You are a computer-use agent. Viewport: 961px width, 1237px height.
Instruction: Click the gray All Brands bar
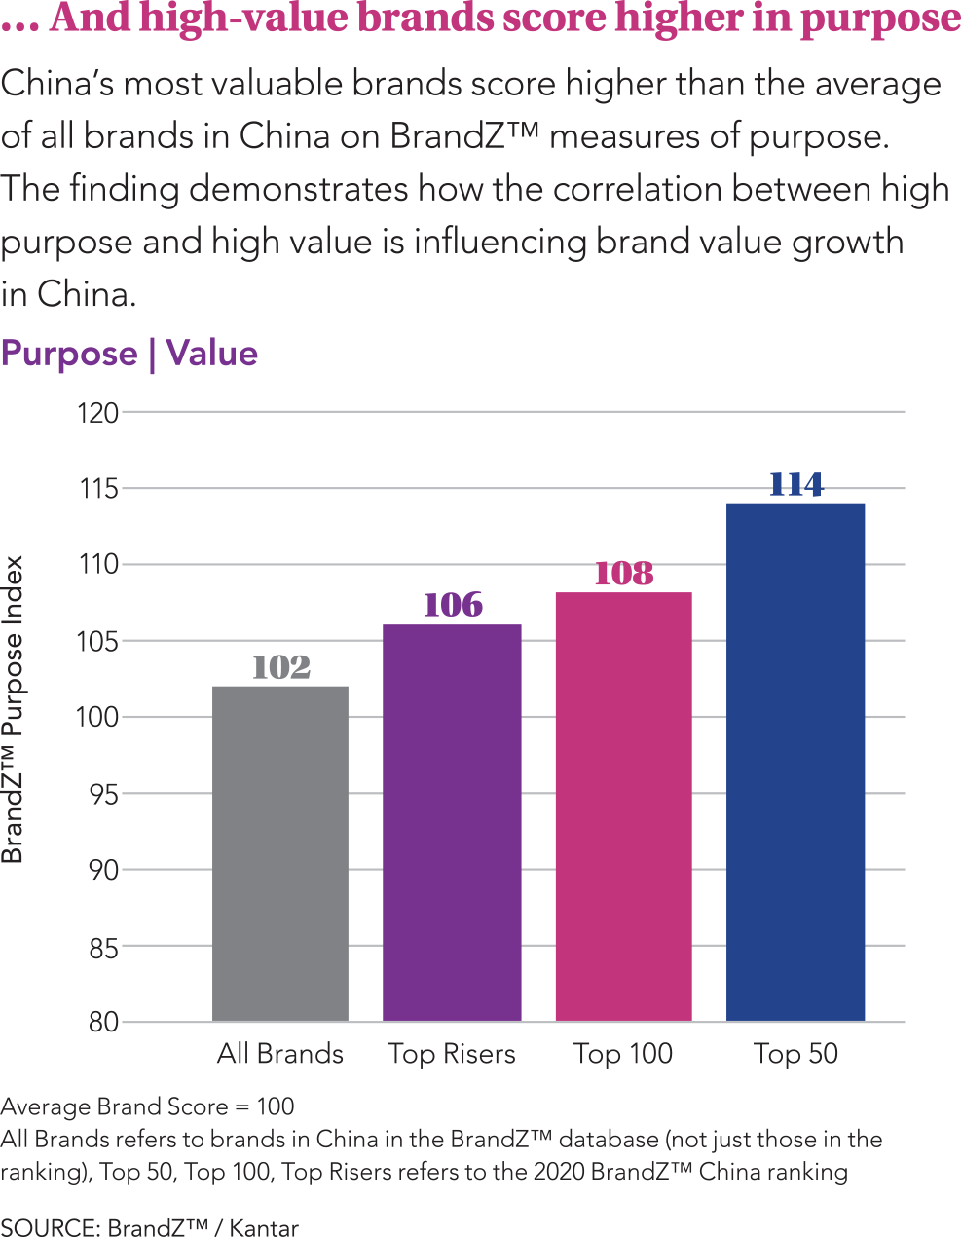(x=280, y=853)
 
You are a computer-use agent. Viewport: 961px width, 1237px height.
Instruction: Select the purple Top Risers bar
(x=452, y=822)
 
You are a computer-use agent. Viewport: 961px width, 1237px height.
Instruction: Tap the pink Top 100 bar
(x=623, y=806)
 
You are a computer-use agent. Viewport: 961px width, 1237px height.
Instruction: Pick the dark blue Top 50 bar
(x=795, y=762)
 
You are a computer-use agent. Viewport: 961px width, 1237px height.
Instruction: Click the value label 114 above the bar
(x=795, y=484)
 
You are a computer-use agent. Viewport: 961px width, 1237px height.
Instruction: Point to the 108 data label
(x=623, y=573)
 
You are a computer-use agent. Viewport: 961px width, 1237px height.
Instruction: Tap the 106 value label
(x=453, y=605)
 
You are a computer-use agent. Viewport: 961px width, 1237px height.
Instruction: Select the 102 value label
(x=280, y=667)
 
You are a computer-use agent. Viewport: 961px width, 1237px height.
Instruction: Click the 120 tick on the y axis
(x=97, y=413)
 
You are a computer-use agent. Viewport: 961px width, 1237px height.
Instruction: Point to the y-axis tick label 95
(x=102, y=794)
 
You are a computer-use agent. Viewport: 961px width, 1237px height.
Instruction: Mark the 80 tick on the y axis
(x=102, y=1022)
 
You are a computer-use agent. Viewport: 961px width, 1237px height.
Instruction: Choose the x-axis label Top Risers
(x=452, y=1054)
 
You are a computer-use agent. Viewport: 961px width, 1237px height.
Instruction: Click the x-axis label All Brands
(x=280, y=1054)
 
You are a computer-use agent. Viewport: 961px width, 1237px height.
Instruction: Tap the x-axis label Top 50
(x=795, y=1054)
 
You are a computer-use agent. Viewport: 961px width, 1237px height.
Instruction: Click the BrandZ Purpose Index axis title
(x=13, y=709)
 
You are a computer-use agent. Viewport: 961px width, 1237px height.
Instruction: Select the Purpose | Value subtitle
(x=129, y=353)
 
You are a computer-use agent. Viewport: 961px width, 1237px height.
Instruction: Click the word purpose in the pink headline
(x=880, y=19)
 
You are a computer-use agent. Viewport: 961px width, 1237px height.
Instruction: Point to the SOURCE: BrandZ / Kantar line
(x=149, y=1227)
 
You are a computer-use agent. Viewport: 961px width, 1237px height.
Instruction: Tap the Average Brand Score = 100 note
(x=147, y=1106)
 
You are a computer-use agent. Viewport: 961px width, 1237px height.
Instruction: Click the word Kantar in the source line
(x=264, y=1227)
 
